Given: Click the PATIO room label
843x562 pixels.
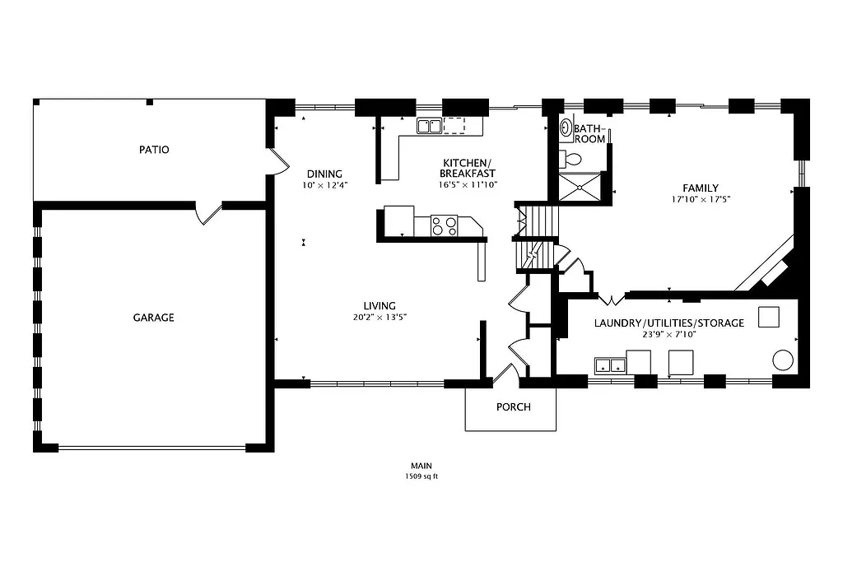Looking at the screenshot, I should pyautogui.click(x=154, y=150).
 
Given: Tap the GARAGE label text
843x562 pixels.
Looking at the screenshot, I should pyautogui.click(x=154, y=318).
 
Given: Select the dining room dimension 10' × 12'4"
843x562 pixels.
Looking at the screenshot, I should pyautogui.click(x=325, y=185).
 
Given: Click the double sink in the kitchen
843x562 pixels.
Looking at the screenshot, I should pyautogui.click(x=428, y=126).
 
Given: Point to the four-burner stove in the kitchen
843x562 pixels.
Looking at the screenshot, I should pyautogui.click(x=444, y=225).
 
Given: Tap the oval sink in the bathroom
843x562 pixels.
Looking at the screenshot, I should pyautogui.click(x=566, y=128).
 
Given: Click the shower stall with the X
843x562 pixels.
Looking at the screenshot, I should pyautogui.click(x=581, y=186).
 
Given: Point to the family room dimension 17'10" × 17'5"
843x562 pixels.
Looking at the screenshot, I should pyautogui.click(x=701, y=199).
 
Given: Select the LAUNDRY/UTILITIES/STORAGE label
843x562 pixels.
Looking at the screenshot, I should pyautogui.click(x=668, y=323).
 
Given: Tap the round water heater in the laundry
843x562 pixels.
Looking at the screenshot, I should pyautogui.click(x=782, y=360).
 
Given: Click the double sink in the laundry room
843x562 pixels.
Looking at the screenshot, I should pyautogui.click(x=609, y=364).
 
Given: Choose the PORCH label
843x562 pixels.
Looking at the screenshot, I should pyautogui.click(x=513, y=407).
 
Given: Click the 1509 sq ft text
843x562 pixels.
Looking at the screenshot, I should pyautogui.click(x=421, y=476).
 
